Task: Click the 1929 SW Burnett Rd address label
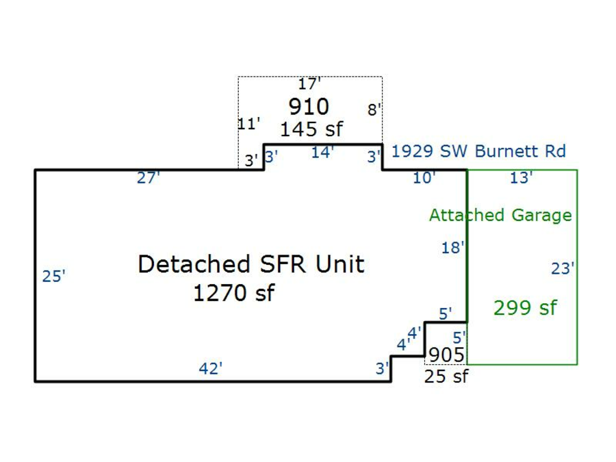(x=478, y=151)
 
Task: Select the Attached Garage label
(x=500, y=215)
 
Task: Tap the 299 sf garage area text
(x=525, y=308)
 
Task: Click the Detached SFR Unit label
(x=251, y=264)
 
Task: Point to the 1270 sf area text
(x=233, y=294)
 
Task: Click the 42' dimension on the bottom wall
(x=211, y=368)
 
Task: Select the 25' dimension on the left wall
(x=54, y=277)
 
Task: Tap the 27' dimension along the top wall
(x=149, y=178)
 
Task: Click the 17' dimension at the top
(x=309, y=84)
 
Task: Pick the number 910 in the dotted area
(x=309, y=107)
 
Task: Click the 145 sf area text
(x=311, y=129)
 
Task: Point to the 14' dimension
(x=322, y=153)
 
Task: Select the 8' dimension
(x=374, y=110)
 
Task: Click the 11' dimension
(x=249, y=124)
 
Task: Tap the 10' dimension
(x=424, y=178)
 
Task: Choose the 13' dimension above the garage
(x=522, y=178)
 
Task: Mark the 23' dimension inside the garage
(x=562, y=269)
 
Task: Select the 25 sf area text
(x=446, y=376)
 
